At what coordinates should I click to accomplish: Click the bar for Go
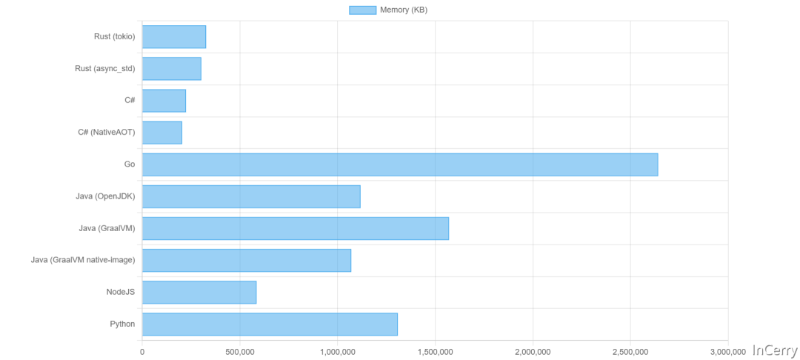[x=400, y=164]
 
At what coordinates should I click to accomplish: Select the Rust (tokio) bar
[x=174, y=36]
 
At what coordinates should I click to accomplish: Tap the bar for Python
[x=270, y=324]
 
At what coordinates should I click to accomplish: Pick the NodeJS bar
[x=199, y=292]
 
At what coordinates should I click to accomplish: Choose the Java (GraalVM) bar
[x=296, y=228]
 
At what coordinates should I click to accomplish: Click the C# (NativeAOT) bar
[x=162, y=133]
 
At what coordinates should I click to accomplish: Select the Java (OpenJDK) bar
[x=251, y=196]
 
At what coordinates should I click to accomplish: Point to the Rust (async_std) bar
[x=172, y=68]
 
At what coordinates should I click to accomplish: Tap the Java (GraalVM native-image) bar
[x=247, y=260]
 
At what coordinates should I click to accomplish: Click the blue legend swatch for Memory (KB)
[x=362, y=10]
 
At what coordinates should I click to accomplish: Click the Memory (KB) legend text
[x=404, y=10]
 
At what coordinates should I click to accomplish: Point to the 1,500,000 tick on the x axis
[x=435, y=351]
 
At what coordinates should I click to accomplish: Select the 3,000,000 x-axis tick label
[x=728, y=351]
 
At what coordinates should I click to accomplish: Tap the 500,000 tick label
[x=240, y=351]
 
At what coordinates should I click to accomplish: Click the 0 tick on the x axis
[x=142, y=351]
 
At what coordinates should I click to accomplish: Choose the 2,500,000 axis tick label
[x=630, y=351]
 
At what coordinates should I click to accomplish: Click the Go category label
[x=130, y=164]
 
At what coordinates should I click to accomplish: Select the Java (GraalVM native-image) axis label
[x=83, y=260]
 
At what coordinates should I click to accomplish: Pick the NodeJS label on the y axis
[x=121, y=292]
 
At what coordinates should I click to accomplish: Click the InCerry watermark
[x=774, y=350]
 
